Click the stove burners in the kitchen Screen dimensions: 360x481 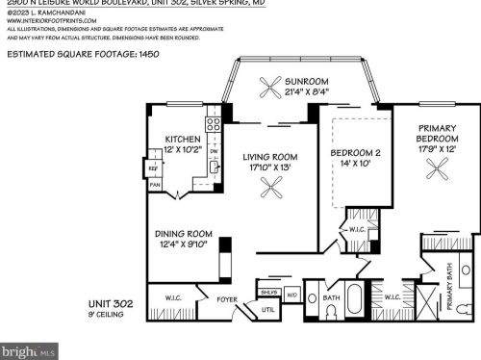click(x=214, y=124)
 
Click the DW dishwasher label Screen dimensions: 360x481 click(x=214, y=150)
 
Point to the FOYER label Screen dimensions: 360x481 click(x=226, y=298)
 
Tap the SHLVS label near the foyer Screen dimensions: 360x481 click(x=267, y=292)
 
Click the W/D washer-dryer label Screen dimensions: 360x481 click(x=292, y=293)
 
